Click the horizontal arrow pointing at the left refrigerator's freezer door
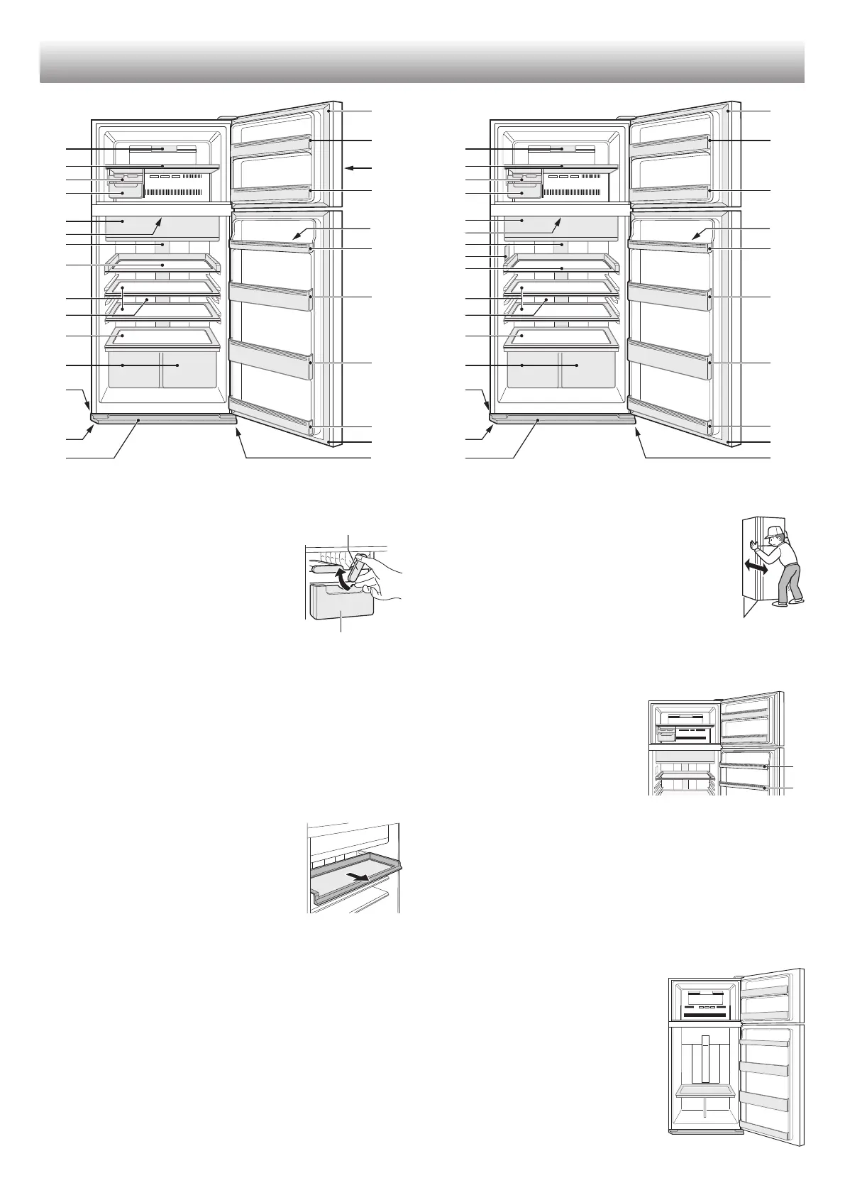click(359, 168)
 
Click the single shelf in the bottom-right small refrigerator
click(705, 1111)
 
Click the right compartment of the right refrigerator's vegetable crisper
click(588, 369)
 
